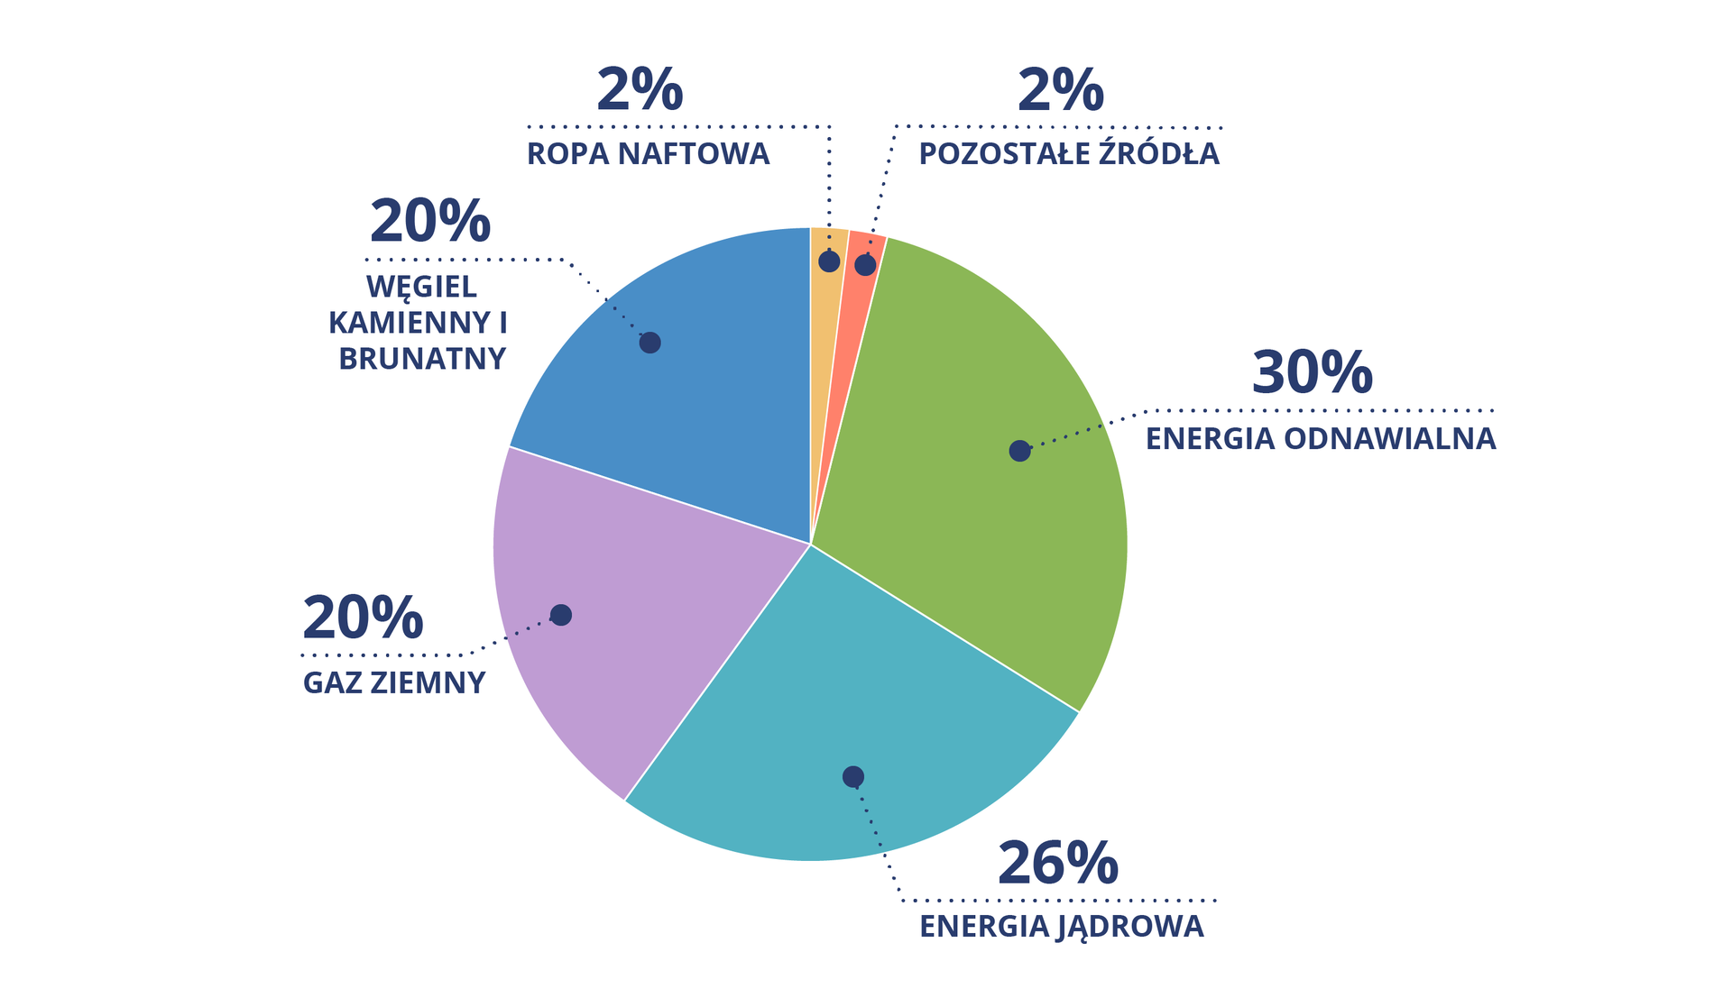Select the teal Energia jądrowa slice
[839, 712]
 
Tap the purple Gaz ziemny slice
[631, 613]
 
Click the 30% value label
[1312, 373]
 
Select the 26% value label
[1057, 864]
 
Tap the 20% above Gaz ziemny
[363, 618]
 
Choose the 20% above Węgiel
[430, 222]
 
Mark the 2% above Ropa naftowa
[640, 90]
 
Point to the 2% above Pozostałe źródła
[1060, 90]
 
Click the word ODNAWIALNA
[1389, 439]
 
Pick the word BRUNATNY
[422, 359]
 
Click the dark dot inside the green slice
[1019, 451]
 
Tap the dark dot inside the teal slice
[853, 777]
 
